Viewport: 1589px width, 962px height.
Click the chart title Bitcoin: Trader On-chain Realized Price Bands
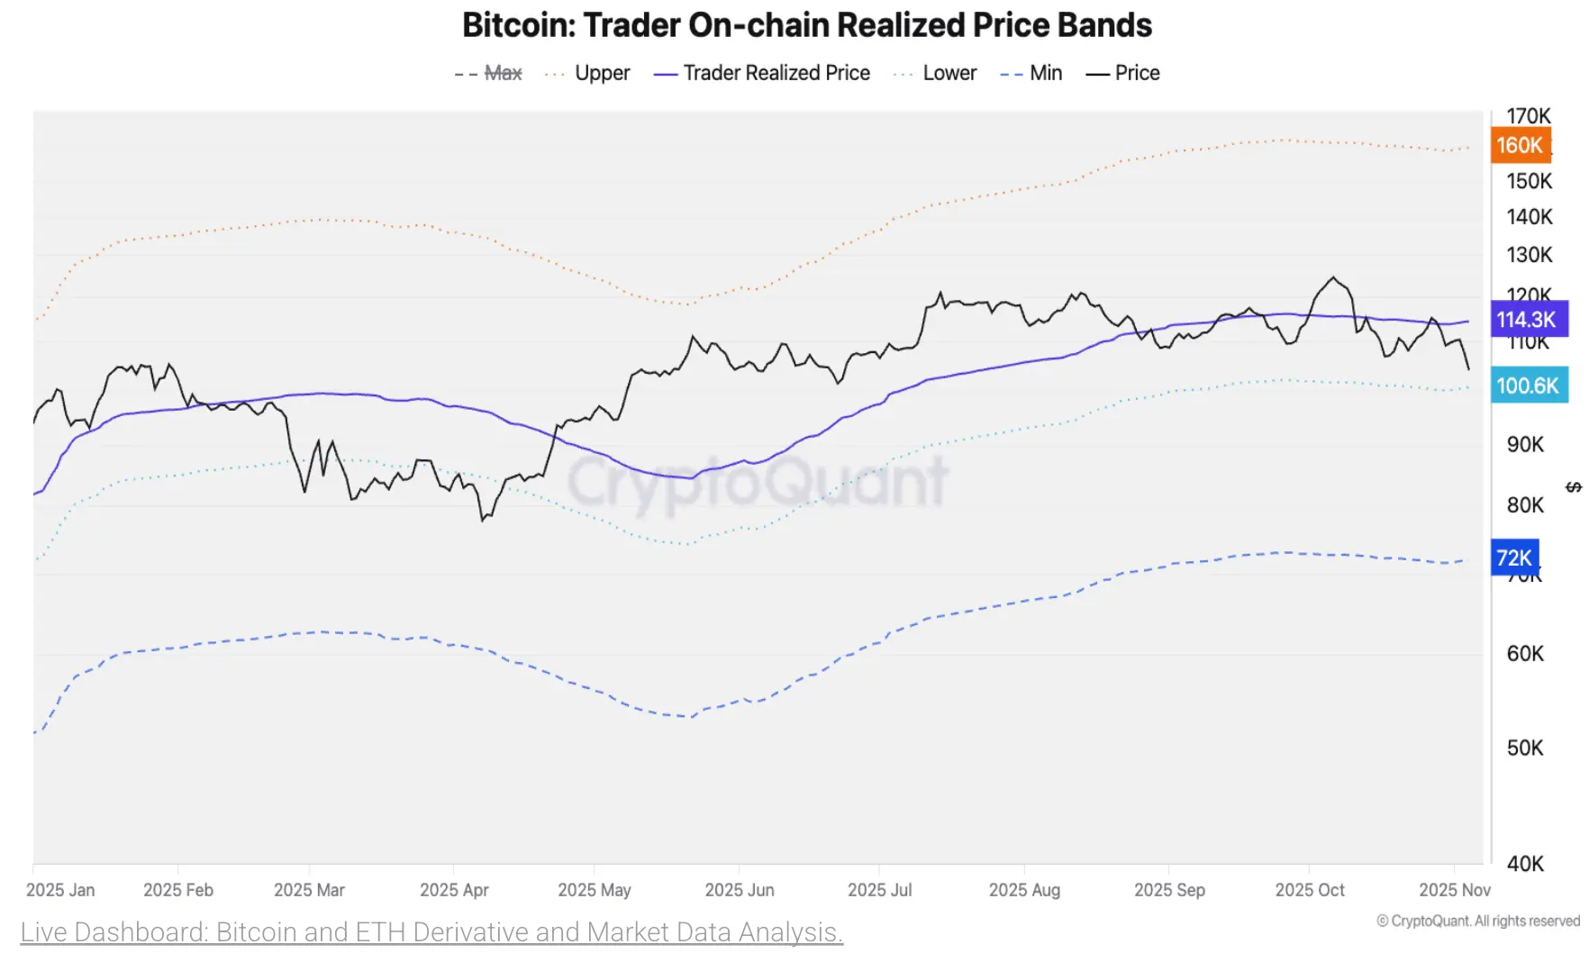click(806, 25)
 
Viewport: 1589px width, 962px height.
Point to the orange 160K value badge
click(1520, 145)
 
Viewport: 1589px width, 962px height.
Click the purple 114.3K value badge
click(1527, 319)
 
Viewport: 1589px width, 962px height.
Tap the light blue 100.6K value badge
click(1528, 386)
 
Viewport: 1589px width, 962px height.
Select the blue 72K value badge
click(1514, 558)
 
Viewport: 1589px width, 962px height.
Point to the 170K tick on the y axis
click(1529, 116)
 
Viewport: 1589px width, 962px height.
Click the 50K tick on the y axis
click(1525, 748)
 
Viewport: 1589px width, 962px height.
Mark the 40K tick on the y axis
click(1525, 864)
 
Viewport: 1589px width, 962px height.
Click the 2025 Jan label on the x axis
click(60, 890)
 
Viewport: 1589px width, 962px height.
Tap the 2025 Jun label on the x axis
click(739, 890)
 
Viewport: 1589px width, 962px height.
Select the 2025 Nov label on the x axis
click(1454, 890)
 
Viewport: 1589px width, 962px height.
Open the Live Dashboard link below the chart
click(431, 931)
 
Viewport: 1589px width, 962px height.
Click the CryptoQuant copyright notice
click(1478, 921)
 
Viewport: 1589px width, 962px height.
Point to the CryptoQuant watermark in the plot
click(757, 482)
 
